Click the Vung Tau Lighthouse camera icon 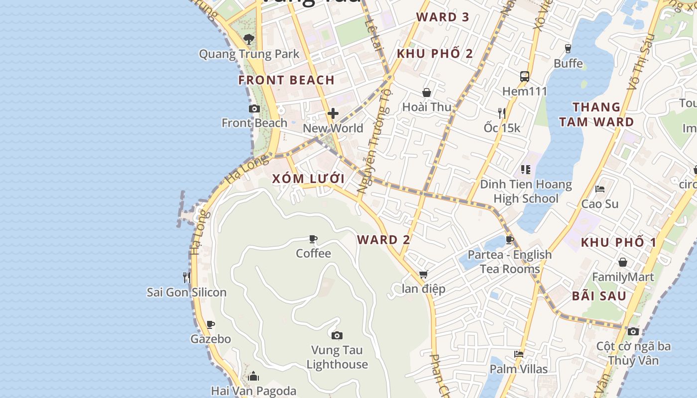click(337, 335)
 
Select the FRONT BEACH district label click(286, 80)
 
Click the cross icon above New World click(333, 113)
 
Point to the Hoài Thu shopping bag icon click(427, 93)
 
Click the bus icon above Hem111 click(525, 77)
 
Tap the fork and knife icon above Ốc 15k click(502, 113)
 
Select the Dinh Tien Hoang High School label click(526, 192)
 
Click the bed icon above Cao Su click(600, 189)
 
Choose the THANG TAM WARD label click(596, 114)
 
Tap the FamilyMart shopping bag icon click(623, 262)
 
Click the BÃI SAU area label click(599, 296)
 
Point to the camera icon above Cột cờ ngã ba click(633, 331)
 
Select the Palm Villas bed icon click(519, 354)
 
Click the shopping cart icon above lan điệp click(424, 274)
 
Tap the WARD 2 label click(383, 240)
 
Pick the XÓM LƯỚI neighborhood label click(308, 179)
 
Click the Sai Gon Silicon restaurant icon click(187, 277)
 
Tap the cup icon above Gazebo click(211, 324)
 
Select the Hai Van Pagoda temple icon click(253, 376)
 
